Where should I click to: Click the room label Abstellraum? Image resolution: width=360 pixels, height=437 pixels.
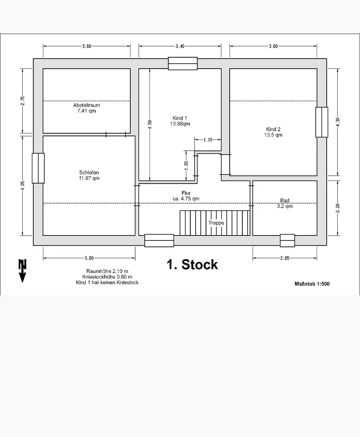[x=86, y=105]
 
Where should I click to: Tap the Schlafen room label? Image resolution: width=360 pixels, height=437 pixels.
[x=89, y=172]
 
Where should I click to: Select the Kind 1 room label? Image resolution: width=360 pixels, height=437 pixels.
[x=180, y=118]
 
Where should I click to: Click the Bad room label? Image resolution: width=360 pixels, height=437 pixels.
[x=285, y=201]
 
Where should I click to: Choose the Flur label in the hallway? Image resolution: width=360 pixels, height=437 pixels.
[x=186, y=193]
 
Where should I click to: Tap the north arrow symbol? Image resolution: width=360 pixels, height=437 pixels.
[x=22, y=271]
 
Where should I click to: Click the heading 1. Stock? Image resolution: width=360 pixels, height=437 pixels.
[x=192, y=264]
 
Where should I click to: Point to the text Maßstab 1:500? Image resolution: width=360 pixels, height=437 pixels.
[x=312, y=284]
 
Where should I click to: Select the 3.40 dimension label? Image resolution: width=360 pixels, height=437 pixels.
[x=180, y=46]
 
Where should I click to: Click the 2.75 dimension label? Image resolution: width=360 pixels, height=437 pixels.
[x=23, y=101]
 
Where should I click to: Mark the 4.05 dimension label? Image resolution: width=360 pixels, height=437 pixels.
[x=23, y=186]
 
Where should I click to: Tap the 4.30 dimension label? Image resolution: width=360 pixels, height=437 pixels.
[x=337, y=122]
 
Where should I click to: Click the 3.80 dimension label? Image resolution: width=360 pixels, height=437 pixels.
[x=89, y=258]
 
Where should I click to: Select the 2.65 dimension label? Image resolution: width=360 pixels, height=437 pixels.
[x=284, y=258]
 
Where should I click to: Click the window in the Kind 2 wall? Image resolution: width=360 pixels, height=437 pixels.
[x=322, y=122]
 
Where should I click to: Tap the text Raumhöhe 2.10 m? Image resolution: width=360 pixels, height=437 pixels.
[x=107, y=271]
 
